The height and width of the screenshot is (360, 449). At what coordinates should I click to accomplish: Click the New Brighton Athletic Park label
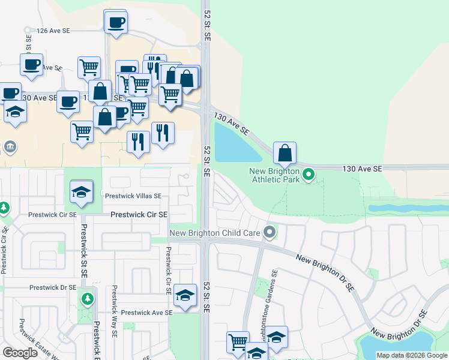coord(274,175)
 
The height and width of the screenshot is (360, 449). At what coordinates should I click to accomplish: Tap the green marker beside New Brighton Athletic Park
coord(309,175)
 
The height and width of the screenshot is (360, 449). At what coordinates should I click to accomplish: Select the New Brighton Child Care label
coord(215,233)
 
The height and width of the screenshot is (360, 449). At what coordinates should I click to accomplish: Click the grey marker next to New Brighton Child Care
coord(271,231)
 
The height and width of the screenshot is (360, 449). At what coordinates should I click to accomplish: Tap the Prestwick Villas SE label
coord(133,196)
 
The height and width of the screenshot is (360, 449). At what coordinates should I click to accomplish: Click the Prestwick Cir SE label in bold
coord(139,214)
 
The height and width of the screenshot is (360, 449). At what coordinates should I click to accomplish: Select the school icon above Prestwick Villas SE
coord(81,191)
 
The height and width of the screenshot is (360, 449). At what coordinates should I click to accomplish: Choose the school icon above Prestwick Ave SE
coord(185,295)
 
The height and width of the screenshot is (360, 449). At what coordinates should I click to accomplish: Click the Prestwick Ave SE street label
coord(146,313)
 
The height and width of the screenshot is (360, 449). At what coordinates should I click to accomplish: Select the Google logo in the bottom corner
coord(20,353)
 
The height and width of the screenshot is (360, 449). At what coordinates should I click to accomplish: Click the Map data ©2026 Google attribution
coord(412,355)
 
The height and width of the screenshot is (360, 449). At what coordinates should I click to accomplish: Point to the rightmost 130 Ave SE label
coord(362,169)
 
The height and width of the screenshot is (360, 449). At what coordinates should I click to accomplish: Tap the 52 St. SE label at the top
coord(208,25)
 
